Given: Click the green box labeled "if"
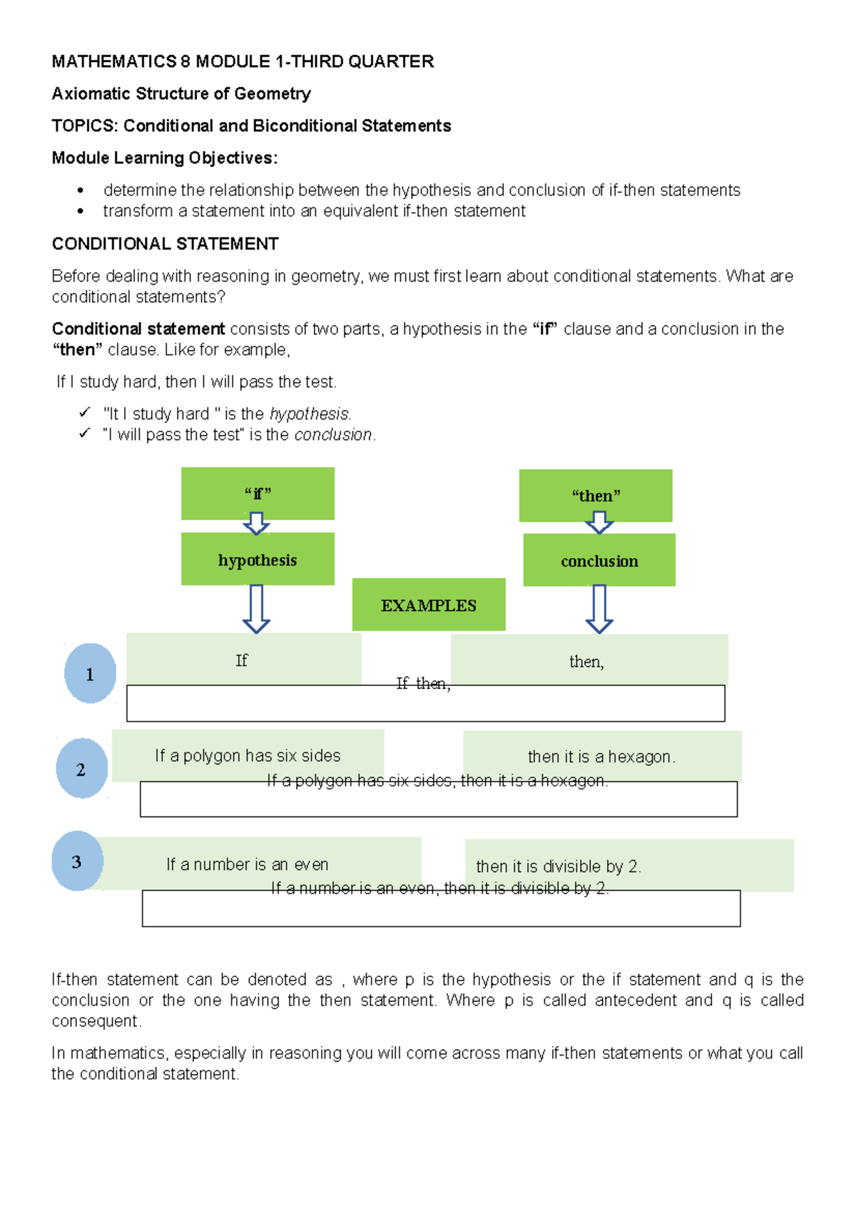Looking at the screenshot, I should (258, 493).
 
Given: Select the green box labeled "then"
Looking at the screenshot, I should (596, 495).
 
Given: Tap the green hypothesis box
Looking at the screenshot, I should (258, 559).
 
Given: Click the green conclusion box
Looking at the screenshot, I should (599, 561).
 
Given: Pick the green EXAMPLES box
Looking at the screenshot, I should (429, 605).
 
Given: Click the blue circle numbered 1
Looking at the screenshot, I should (90, 673).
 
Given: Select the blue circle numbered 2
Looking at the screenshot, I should (81, 769).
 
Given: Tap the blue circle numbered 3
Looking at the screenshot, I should (77, 862).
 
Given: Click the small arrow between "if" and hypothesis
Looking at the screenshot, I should (256, 524).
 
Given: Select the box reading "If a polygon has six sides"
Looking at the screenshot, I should (248, 755).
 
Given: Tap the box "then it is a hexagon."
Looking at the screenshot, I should (601, 756).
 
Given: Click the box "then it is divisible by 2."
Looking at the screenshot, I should (629, 866).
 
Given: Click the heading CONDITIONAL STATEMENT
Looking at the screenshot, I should (165, 244).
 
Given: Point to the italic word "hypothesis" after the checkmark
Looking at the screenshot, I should (310, 414).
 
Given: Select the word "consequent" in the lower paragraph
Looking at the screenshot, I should (96, 1021).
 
